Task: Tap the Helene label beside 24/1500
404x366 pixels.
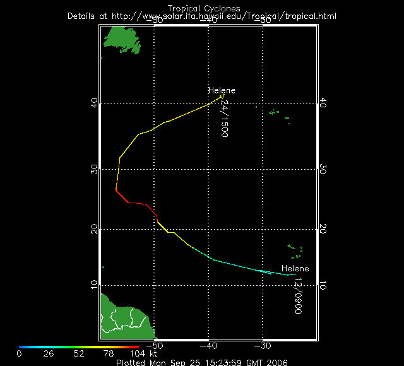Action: coord(221,91)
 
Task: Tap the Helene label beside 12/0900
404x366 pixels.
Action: coord(295,269)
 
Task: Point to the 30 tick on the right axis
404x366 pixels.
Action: coord(323,169)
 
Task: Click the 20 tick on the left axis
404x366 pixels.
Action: coord(94,229)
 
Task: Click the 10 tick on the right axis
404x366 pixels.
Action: coord(323,285)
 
